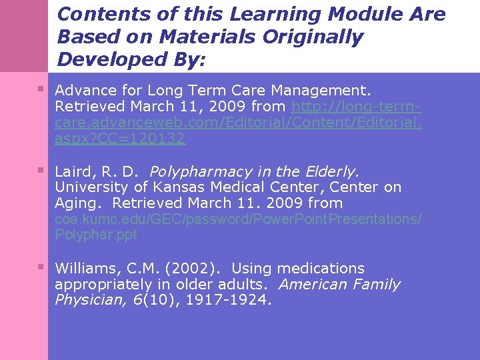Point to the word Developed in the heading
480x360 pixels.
click(103, 59)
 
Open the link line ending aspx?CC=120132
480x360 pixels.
click(120, 139)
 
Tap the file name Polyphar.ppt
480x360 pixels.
click(95, 235)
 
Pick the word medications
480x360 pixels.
click(321, 269)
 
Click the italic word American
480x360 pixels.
click(310, 285)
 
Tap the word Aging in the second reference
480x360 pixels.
click(79, 203)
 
